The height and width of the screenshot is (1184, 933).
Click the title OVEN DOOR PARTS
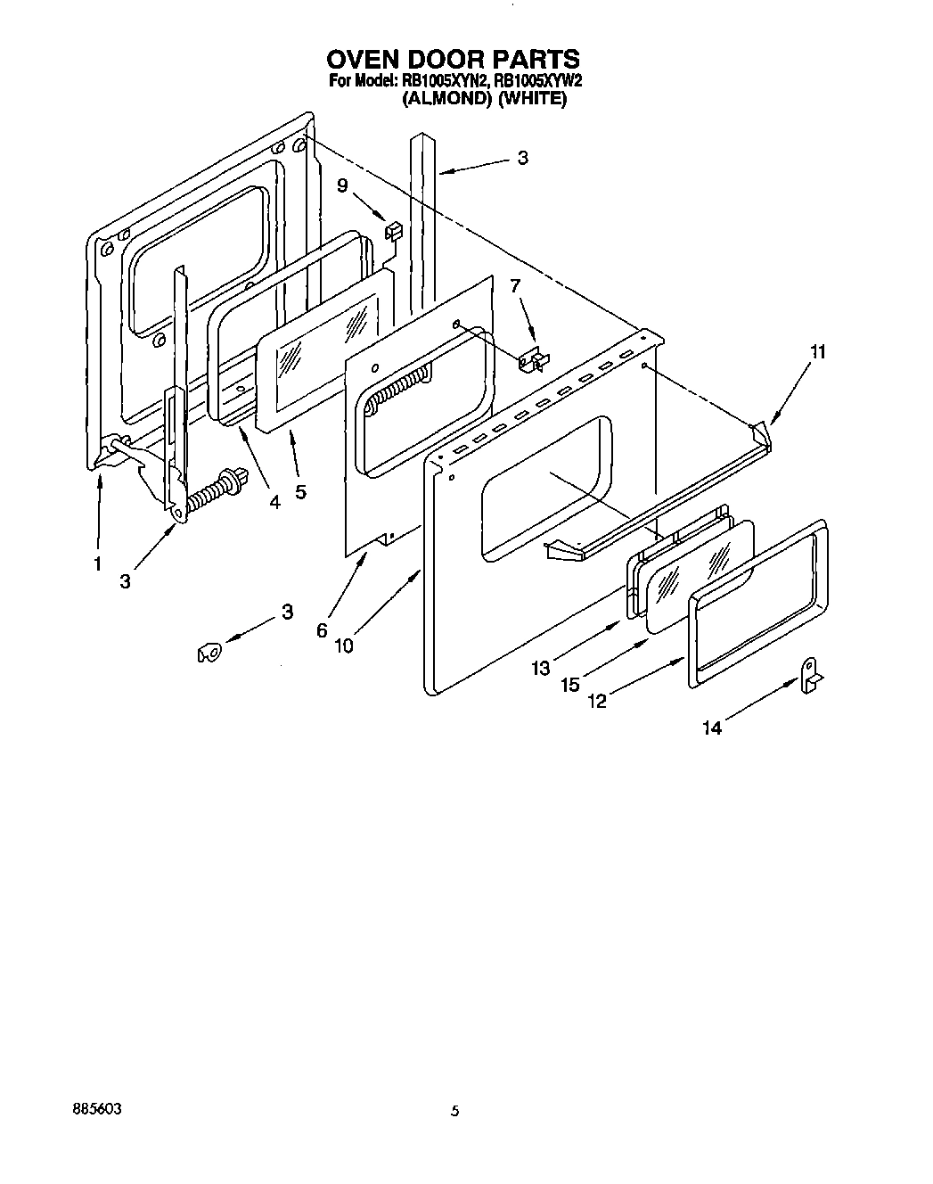453,60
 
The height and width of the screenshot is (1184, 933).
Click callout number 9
342,185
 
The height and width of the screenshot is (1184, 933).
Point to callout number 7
514,285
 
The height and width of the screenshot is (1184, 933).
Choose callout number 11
816,352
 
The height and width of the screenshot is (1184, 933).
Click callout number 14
711,728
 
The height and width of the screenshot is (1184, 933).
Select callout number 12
597,701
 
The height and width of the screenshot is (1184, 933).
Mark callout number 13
541,667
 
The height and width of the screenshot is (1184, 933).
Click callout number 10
344,645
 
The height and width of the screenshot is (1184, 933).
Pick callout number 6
322,629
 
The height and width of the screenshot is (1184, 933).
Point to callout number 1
97,563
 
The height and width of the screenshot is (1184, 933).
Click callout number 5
300,491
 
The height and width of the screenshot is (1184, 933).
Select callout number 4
274,502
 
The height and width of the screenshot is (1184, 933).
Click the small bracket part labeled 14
812,675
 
